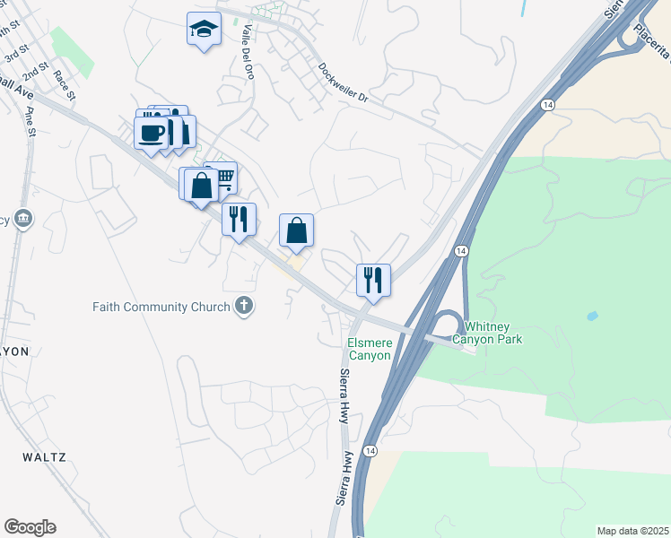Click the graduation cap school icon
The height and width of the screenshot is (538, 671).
click(205, 30)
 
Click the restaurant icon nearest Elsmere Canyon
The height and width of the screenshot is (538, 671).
click(373, 279)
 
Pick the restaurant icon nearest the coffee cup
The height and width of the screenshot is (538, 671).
click(239, 219)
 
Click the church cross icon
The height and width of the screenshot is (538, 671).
click(242, 307)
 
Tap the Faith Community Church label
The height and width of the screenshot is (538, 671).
click(161, 308)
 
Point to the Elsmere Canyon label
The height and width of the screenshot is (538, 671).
click(370, 349)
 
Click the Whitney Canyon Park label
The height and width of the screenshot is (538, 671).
click(486, 333)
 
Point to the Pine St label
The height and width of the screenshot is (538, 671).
click(32, 120)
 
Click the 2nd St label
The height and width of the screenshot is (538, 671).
click(35, 69)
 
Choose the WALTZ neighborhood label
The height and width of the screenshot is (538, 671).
click(45, 457)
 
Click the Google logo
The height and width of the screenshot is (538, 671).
click(30, 527)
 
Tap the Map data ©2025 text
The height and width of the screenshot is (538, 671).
click(632, 531)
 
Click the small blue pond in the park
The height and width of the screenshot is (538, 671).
click(592, 317)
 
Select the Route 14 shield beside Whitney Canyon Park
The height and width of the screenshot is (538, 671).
click(461, 252)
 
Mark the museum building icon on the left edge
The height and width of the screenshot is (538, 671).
click(22, 218)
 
